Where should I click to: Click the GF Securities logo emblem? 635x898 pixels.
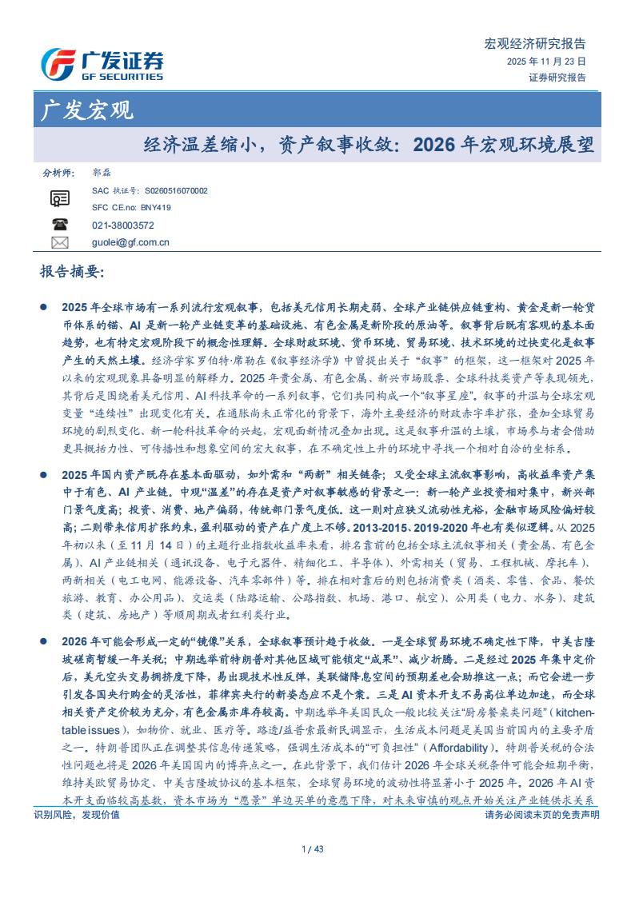click(x=58, y=64)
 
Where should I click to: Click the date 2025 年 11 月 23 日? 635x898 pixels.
click(x=546, y=61)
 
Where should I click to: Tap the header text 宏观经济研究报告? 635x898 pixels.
click(x=536, y=44)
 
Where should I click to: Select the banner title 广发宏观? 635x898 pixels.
click(x=87, y=110)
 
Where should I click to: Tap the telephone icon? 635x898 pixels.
click(x=59, y=225)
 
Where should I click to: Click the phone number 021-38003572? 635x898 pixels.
click(x=123, y=225)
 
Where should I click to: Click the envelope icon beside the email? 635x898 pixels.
click(x=59, y=242)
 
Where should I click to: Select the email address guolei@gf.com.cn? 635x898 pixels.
click(x=130, y=242)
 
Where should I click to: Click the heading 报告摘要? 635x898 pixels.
click(x=72, y=272)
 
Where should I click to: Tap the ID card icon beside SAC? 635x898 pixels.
click(x=59, y=199)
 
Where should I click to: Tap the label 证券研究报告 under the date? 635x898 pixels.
click(x=557, y=78)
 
